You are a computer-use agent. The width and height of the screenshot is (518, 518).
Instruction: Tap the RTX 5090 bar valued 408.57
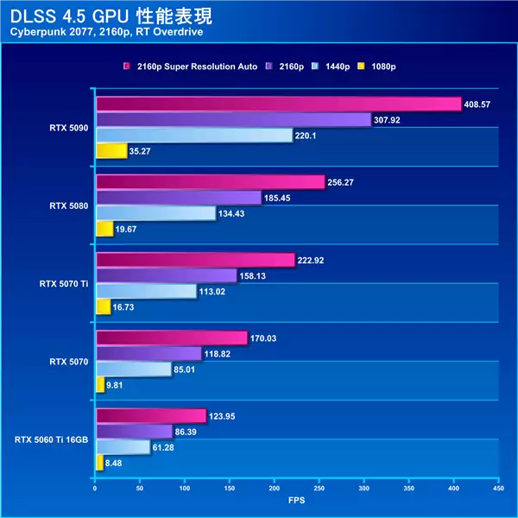click(278, 104)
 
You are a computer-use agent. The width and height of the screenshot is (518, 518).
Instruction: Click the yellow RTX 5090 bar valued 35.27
click(111, 152)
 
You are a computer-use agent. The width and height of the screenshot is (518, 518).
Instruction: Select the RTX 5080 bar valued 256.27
click(210, 182)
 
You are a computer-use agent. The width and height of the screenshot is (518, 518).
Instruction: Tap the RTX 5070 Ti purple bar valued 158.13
click(166, 276)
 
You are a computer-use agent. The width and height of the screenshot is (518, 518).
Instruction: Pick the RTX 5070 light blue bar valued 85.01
click(133, 369)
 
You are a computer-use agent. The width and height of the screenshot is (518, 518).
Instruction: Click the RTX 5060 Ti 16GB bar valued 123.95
click(150, 416)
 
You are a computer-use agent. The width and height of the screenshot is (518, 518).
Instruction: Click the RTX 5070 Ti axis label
click(63, 283)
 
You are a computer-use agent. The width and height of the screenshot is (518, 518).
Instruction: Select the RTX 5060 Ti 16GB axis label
click(51, 439)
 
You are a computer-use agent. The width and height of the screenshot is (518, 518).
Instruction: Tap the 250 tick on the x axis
click(319, 489)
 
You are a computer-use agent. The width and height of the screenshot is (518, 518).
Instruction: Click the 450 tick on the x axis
click(497, 489)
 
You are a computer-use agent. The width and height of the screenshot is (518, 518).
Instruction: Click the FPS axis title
click(296, 500)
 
